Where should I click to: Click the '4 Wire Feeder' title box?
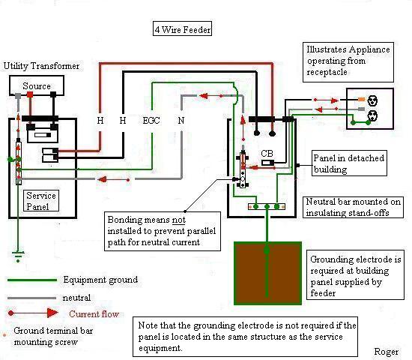click(182, 28)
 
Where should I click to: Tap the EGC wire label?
click(151, 121)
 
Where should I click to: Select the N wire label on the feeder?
click(181, 121)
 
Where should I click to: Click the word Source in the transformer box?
click(37, 85)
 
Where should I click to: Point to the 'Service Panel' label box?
click(41, 201)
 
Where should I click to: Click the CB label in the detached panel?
click(267, 153)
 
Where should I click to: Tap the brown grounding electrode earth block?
click(267, 273)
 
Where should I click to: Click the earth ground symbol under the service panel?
click(18, 256)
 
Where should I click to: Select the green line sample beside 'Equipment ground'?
click(32, 280)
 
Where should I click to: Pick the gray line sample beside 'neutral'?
click(31, 298)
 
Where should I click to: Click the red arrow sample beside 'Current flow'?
click(33, 313)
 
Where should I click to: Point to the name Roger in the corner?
click(387, 352)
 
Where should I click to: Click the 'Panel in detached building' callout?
click(349, 163)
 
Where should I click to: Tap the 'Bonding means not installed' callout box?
click(163, 231)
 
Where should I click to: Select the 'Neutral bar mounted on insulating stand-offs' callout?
click(353, 207)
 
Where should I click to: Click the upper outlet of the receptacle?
click(372, 100)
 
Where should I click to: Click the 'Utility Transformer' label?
click(41, 66)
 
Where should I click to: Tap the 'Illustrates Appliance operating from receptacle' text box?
click(348, 62)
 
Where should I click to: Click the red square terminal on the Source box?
click(30, 94)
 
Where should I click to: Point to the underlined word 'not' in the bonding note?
click(179, 220)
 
